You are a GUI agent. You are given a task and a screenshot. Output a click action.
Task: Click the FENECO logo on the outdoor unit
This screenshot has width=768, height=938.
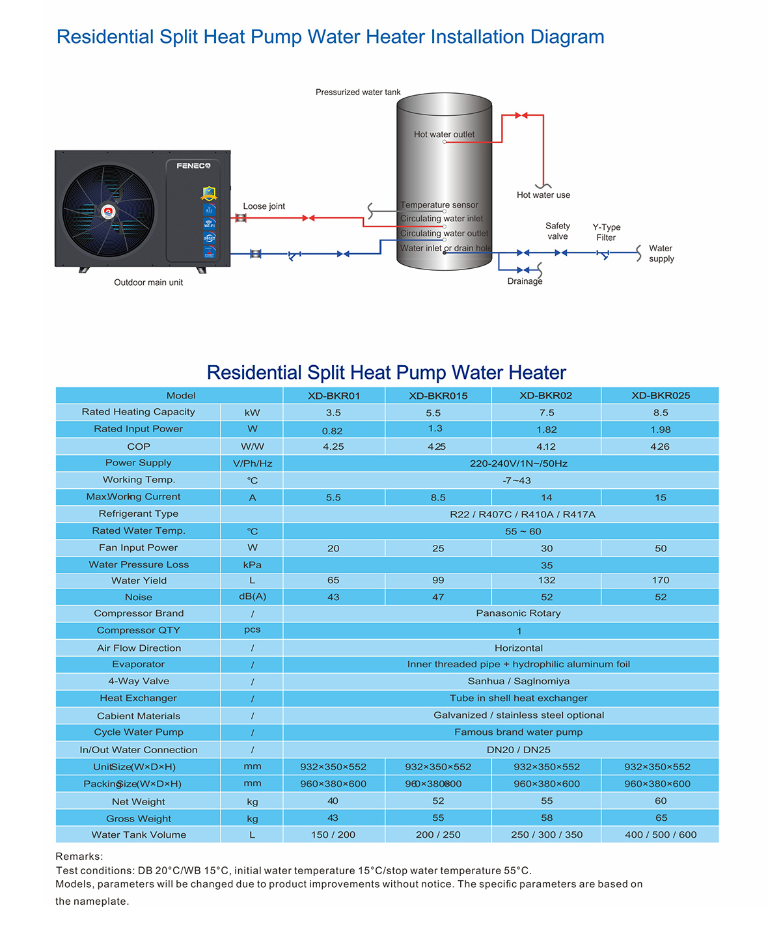(x=193, y=166)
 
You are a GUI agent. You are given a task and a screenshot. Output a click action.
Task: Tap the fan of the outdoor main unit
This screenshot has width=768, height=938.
(x=109, y=211)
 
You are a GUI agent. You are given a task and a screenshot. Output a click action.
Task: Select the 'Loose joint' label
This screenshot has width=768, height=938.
(x=264, y=206)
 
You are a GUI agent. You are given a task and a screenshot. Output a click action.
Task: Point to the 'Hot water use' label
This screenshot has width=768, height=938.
(x=543, y=195)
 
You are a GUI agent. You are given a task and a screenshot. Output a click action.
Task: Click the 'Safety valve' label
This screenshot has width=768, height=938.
(x=558, y=231)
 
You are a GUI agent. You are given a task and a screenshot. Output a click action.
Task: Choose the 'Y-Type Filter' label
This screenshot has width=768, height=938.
(x=607, y=232)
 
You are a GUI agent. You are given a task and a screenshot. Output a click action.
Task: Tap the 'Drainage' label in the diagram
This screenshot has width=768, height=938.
(x=525, y=281)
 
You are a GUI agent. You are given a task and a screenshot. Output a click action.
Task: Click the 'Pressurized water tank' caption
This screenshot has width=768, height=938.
(x=358, y=92)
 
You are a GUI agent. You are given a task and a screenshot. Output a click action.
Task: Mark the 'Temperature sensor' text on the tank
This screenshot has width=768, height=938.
(x=439, y=205)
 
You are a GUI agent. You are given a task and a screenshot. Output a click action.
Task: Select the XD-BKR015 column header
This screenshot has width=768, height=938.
(x=438, y=396)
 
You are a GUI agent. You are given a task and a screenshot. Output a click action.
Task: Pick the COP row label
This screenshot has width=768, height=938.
(x=139, y=447)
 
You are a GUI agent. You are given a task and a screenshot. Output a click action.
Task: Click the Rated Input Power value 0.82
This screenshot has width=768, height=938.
(x=333, y=431)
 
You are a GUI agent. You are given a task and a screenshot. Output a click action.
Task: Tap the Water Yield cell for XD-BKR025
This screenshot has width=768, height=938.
(x=661, y=580)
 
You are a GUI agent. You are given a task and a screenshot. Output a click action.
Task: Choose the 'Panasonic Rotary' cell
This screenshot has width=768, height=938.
(x=518, y=613)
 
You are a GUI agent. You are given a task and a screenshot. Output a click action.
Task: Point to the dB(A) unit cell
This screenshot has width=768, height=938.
(x=252, y=596)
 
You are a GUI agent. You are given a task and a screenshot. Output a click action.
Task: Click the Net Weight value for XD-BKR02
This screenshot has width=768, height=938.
(x=547, y=801)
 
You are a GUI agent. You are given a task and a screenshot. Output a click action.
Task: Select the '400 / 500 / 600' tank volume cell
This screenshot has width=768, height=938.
(x=660, y=835)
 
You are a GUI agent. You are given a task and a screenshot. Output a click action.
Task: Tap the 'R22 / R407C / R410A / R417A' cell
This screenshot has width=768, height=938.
(x=523, y=514)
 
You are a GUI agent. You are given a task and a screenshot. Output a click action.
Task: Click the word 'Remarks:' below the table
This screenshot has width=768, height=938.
(x=79, y=857)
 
